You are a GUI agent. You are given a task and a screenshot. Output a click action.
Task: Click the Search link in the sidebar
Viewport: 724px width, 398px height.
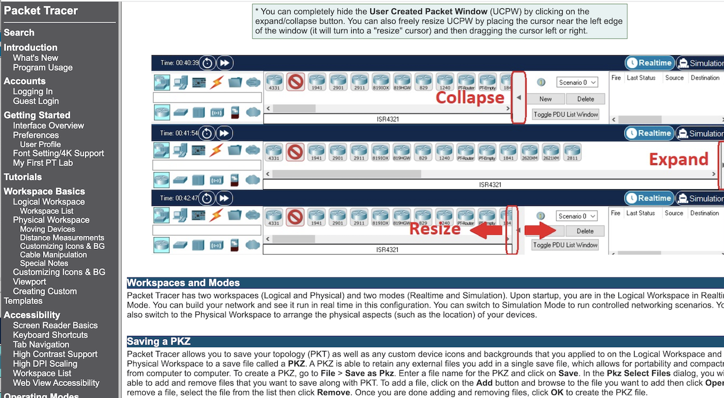pyautogui.click(x=19, y=33)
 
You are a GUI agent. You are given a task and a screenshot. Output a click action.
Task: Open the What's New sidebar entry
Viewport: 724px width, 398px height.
pyautogui.click(x=35, y=58)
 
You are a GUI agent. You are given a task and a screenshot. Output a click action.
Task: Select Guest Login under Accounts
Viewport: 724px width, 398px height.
pyautogui.click(x=36, y=101)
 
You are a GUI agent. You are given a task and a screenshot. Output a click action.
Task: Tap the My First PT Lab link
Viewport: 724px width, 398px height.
pyautogui.click(x=43, y=163)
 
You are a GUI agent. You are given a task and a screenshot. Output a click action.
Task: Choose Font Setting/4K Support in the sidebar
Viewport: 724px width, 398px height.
pyautogui.click(x=58, y=154)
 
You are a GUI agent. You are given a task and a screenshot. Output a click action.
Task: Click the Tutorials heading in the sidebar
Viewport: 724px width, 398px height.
pyautogui.click(x=23, y=177)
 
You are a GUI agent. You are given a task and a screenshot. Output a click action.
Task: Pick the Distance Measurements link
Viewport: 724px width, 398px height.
pyautogui.click(x=62, y=238)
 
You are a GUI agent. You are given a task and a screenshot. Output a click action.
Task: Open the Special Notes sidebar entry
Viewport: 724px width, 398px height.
pyautogui.click(x=44, y=263)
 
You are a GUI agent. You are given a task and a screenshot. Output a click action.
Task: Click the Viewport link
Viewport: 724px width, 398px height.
pyautogui.click(x=29, y=282)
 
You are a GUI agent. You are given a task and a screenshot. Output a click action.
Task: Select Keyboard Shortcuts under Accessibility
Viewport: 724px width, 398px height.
pyautogui.click(x=50, y=335)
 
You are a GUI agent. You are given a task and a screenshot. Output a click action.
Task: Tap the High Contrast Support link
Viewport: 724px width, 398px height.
pyautogui.click(x=55, y=354)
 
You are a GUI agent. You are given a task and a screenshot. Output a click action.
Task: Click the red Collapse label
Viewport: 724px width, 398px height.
pyautogui.click(x=470, y=98)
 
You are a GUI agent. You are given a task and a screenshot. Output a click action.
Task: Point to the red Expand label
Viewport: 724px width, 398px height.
pyautogui.click(x=678, y=159)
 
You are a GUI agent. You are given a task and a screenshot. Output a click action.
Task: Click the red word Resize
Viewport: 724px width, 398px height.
pyautogui.click(x=434, y=228)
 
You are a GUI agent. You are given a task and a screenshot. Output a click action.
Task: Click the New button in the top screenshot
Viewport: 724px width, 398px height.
pyautogui.click(x=546, y=99)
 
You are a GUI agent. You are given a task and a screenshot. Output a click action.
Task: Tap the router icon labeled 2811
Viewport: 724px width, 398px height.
pyautogui.click(x=572, y=152)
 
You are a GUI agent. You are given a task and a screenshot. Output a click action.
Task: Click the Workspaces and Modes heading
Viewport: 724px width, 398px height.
pyautogui.click(x=184, y=283)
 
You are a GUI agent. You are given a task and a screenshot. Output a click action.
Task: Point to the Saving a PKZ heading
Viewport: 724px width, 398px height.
pyautogui.click(x=159, y=342)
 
